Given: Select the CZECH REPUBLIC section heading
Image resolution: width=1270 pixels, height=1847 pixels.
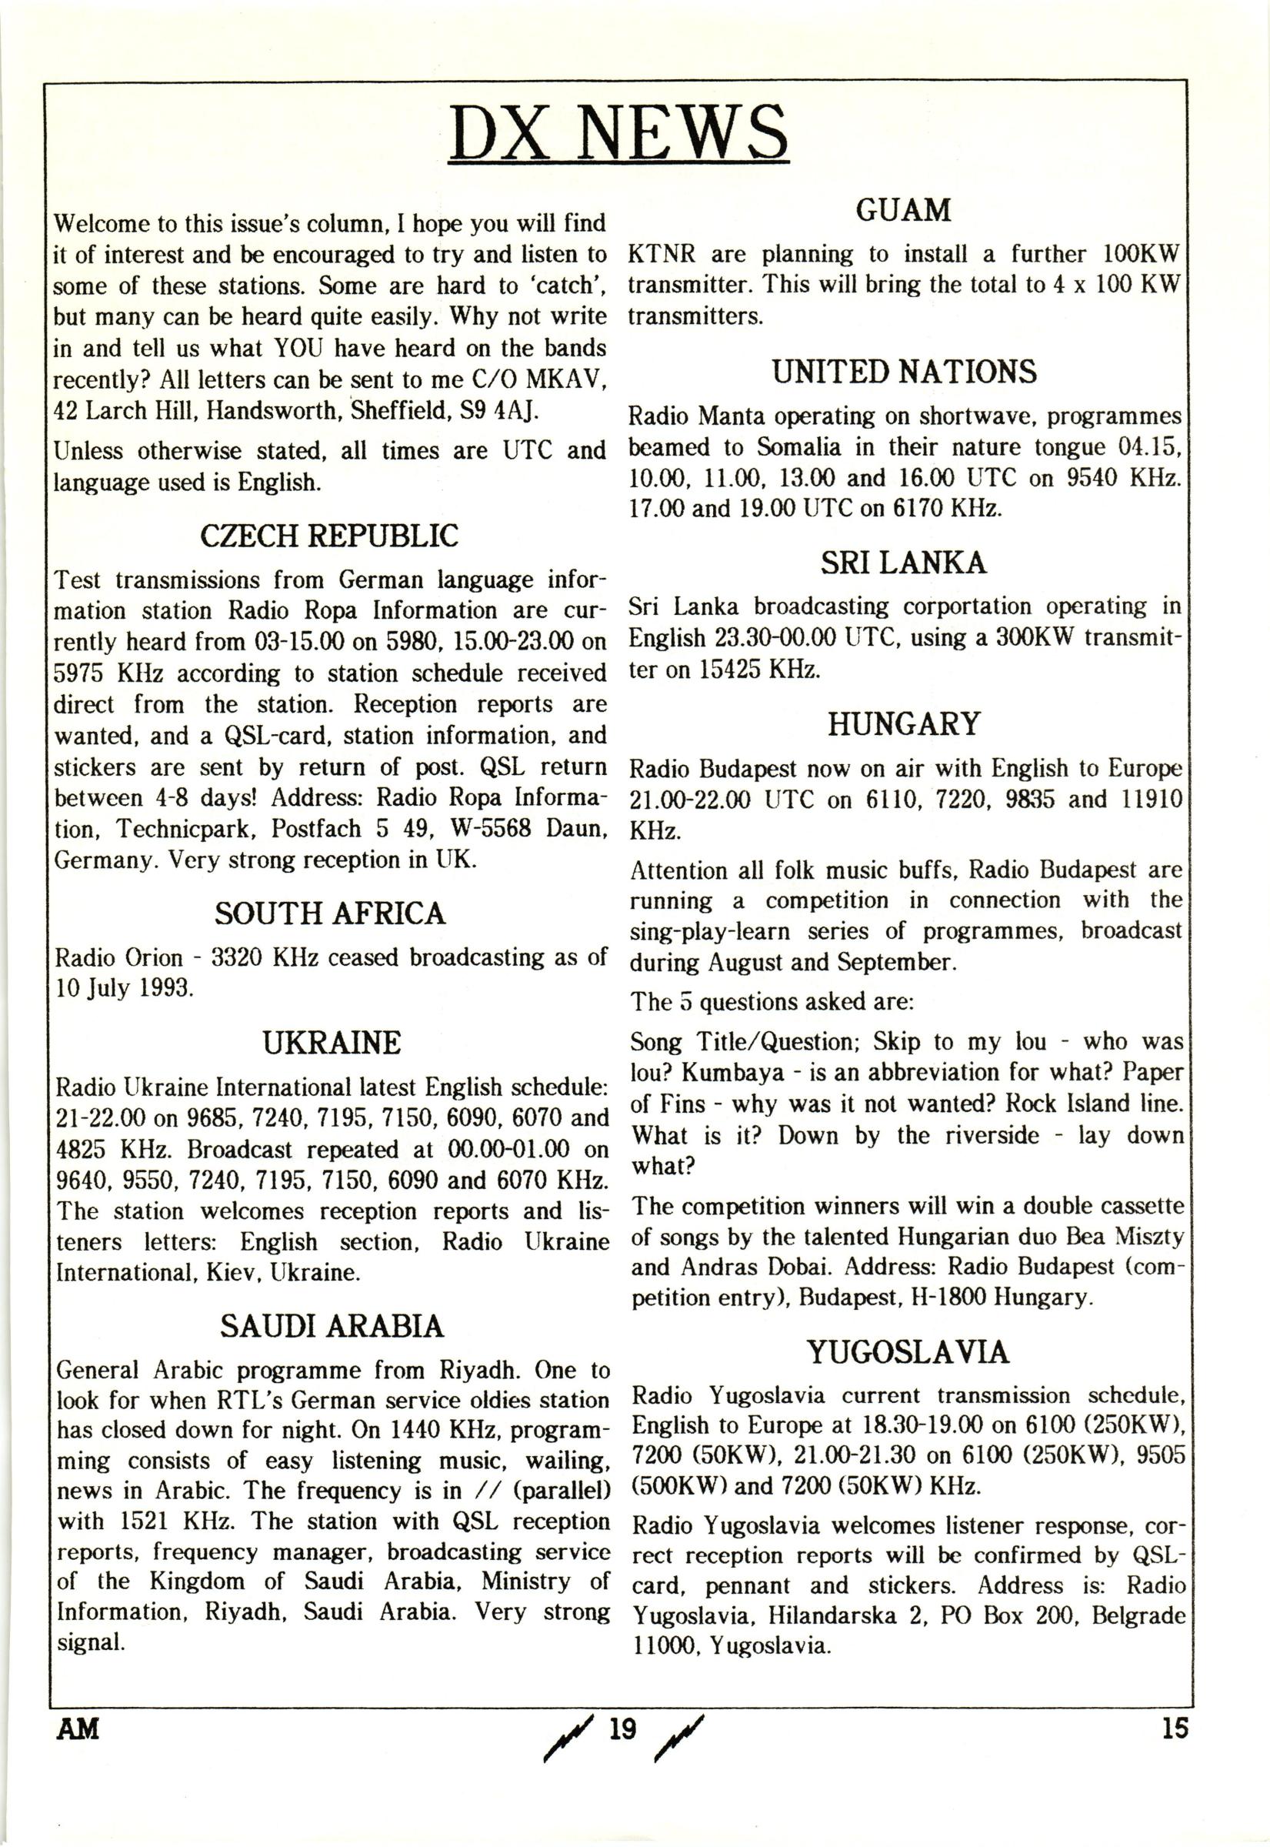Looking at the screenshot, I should [329, 536].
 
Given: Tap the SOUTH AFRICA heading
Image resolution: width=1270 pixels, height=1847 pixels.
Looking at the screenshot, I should [329, 913].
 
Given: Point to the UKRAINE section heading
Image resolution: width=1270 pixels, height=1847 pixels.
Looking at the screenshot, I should [331, 1043].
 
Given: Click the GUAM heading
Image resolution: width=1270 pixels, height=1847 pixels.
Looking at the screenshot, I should [903, 211].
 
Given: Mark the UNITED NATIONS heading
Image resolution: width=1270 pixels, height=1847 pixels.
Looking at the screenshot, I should [905, 372].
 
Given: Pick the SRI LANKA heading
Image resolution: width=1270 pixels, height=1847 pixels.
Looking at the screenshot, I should [903, 563].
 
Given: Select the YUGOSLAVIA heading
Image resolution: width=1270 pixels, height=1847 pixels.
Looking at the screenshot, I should [907, 1353].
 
